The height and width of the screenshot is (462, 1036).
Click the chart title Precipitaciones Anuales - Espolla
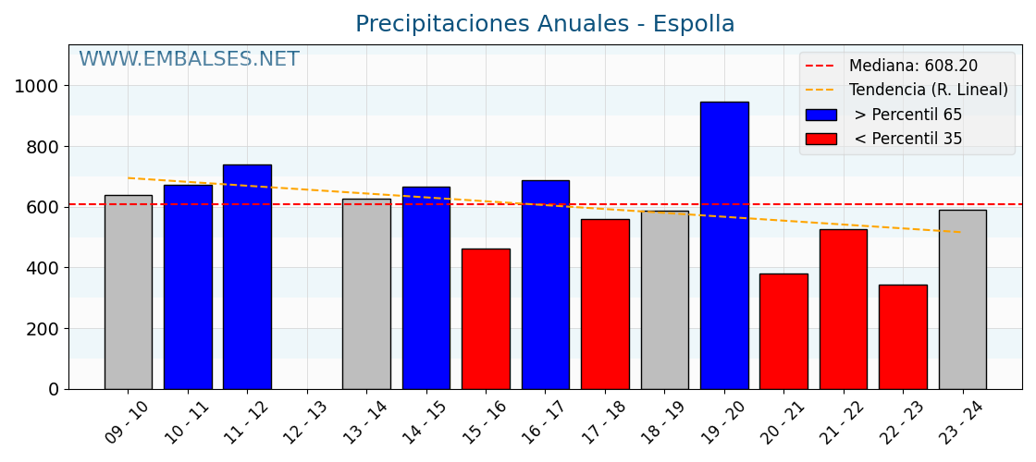coord(545,25)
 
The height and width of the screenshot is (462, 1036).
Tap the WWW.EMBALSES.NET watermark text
coord(189,60)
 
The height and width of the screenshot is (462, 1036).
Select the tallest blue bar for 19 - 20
coord(724,245)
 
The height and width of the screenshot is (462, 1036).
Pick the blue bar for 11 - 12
coord(247,276)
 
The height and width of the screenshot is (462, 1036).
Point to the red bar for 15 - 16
coord(486,319)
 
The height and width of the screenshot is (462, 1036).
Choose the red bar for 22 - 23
coord(903,337)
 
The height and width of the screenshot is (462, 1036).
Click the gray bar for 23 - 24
coord(962,299)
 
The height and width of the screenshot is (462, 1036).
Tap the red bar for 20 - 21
coord(783,331)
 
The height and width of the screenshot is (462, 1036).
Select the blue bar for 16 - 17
coord(546,285)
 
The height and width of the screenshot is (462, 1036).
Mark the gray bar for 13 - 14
coord(366,294)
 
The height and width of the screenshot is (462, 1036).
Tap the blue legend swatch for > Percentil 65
coord(820,115)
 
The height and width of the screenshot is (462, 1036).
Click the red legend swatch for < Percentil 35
coord(820,139)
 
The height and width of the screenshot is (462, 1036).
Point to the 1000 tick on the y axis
coord(37,86)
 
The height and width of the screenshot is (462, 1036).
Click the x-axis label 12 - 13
coord(306,423)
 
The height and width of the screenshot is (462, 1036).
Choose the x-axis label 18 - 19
coord(663,423)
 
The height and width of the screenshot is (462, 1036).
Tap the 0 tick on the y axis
coord(53,390)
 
